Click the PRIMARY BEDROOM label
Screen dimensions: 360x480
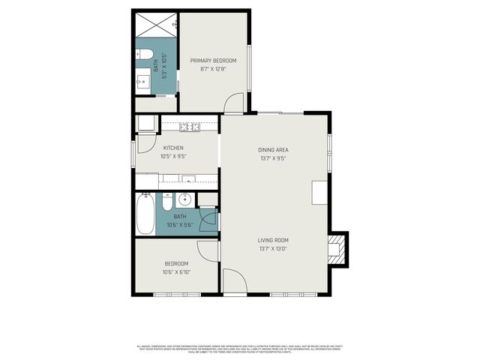pyautogui.click(x=213, y=61)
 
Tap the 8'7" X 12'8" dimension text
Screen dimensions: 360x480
pyautogui.click(x=213, y=69)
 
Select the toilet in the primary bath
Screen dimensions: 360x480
pyautogui.click(x=144, y=54)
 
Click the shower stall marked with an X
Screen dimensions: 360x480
pyautogui.click(x=155, y=27)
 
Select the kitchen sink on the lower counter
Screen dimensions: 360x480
pyautogui.click(x=188, y=180)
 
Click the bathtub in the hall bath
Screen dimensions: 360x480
pyautogui.click(x=145, y=214)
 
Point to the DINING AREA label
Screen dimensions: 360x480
pyautogui.click(x=273, y=150)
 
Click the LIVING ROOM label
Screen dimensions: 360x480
pyautogui.click(x=273, y=240)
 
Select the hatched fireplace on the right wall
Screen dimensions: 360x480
pyautogui.click(x=340, y=248)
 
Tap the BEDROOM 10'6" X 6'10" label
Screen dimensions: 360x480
pyautogui.click(x=175, y=268)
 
